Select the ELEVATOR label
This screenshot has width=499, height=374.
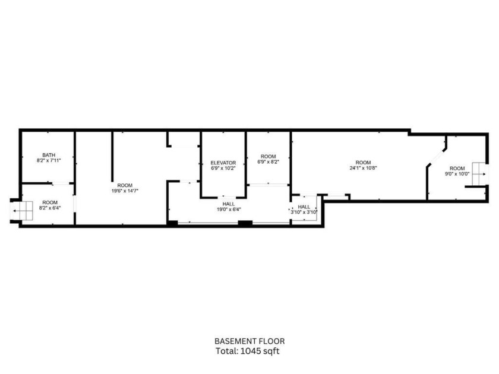point(223,163)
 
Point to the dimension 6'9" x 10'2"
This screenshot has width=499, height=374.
point(223,169)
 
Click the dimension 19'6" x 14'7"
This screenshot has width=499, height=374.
point(125,191)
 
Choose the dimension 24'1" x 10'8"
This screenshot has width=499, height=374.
point(363,168)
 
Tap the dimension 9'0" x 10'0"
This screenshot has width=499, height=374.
point(457,174)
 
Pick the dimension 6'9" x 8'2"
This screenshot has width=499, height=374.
point(268,161)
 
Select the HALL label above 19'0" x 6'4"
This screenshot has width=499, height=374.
point(229,204)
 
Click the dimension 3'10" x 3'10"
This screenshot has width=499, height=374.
point(304,212)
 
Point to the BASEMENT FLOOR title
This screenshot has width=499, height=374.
point(249,341)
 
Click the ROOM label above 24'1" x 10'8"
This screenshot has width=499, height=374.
point(363,162)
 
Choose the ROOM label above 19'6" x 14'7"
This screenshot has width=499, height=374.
point(125,185)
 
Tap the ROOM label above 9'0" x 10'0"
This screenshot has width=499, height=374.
point(457,168)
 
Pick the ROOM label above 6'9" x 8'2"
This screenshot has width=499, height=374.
point(268,156)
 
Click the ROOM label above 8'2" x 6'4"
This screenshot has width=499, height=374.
point(50,202)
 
